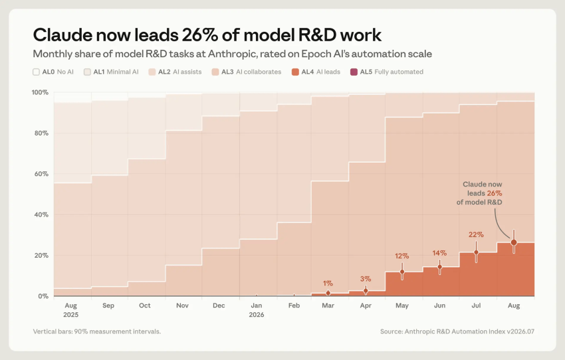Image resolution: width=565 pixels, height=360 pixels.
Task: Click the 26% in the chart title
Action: [x=200, y=35]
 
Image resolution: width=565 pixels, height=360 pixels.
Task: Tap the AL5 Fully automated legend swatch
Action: [x=354, y=72]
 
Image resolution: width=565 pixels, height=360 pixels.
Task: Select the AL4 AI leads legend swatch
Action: [x=296, y=72]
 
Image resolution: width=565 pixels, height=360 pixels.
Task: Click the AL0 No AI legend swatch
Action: [x=36, y=72]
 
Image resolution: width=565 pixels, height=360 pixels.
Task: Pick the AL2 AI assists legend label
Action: [x=180, y=72]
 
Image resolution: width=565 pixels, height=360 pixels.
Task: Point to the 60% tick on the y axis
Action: [x=41, y=174]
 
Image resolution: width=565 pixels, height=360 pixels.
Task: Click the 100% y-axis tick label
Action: [x=40, y=92]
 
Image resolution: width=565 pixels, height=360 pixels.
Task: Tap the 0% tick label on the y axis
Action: [x=43, y=296]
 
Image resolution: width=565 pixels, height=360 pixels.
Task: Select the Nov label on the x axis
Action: [x=182, y=306]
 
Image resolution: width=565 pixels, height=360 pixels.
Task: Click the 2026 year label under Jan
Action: [x=257, y=315]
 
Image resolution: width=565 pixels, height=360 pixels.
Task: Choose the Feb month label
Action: [x=294, y=306]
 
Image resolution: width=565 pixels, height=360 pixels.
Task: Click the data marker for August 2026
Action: [x=514, y=242]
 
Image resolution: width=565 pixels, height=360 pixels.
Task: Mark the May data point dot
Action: [x=402, y=272]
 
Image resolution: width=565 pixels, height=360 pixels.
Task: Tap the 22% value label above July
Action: [x=476, y=234]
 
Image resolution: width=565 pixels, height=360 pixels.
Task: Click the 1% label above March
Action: [x=328, y=284]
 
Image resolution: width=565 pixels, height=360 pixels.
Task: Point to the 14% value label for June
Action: [x=439, y=254]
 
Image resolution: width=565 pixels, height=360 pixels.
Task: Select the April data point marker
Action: [x=366, y=291]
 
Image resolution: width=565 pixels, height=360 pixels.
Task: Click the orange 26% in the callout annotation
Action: [x=495, y=193]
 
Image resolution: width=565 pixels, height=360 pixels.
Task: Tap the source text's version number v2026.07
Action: [x=520, y=331]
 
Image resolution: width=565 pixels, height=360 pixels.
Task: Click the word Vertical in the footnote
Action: [x=44, y=331]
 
